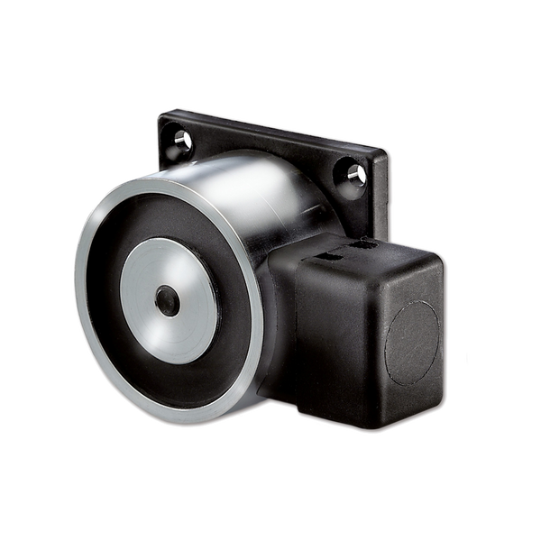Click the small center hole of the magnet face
point(168,302)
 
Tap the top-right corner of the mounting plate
point(389,156)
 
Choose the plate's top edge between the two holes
point(270,135)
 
